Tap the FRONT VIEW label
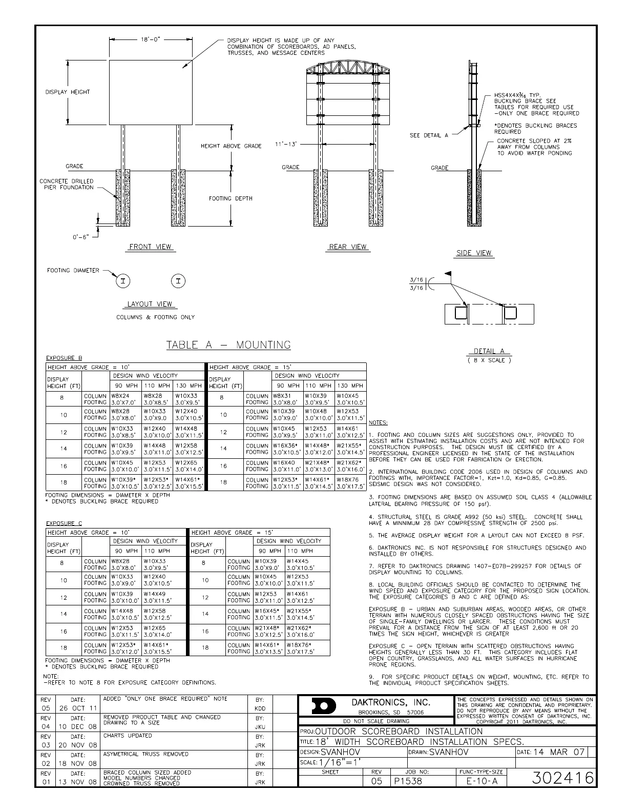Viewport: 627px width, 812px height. pos(150,247)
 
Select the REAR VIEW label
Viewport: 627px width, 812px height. pos(348,247)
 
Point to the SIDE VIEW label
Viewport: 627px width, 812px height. pos(474,253)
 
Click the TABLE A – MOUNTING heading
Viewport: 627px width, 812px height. pos(228,345)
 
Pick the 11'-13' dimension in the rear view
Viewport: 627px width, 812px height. pos(286,144)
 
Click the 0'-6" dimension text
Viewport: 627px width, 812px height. pos(80,237)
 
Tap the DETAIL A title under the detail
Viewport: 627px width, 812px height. pos(489,351)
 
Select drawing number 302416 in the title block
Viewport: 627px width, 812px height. pos(562,778)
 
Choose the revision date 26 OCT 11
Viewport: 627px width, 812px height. pos(77,708)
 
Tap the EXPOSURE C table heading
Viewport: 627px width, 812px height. pos(64,523)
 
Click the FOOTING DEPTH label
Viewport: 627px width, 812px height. pos(231,198)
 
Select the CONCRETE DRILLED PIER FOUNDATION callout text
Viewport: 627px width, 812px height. pos(67,184)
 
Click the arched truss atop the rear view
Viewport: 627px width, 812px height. pos(348,68)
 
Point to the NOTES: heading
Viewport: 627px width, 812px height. pos(378,422)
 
